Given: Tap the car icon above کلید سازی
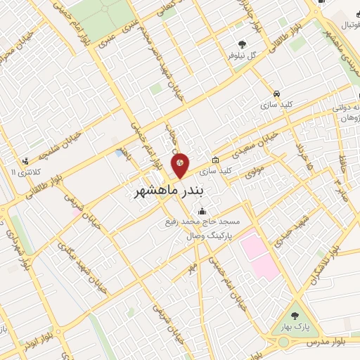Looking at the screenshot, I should point(277,93).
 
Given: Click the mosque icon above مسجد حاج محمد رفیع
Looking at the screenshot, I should point(202,212).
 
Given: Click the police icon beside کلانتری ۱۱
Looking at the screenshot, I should point(27,161).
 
